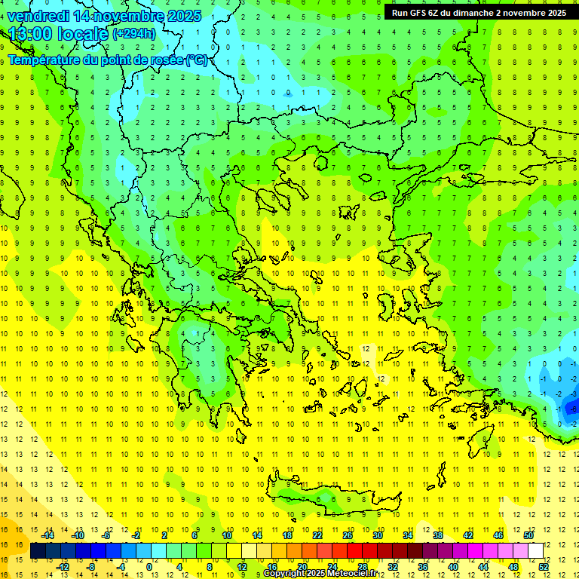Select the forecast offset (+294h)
point(134,33)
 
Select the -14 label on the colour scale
point(48,535)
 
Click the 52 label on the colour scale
point(544,566)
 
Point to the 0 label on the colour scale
point(149,566)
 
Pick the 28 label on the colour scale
point(363,566)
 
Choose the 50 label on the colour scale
point(528,535)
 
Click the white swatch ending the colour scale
point(535,550)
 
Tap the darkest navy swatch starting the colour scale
point(38,550)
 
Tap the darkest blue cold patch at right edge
point(571,407)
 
